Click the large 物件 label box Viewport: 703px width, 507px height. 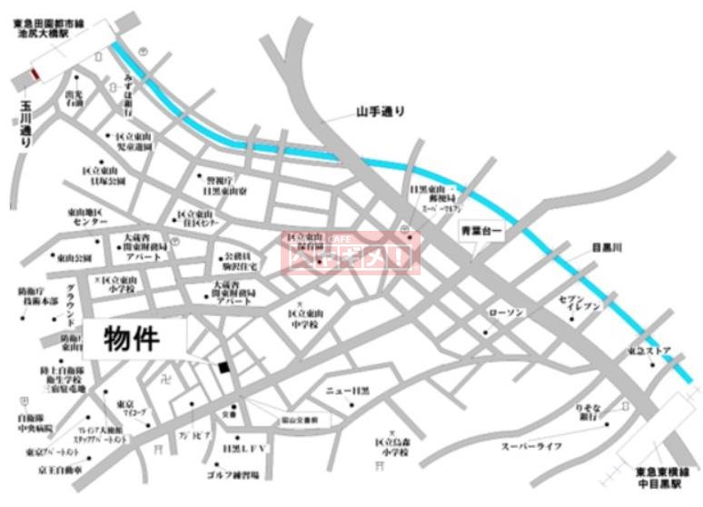135,340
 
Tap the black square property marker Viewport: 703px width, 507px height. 223,366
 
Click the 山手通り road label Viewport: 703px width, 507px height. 380,113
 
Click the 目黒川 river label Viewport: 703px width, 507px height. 606,247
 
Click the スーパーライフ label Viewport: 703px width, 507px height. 532,446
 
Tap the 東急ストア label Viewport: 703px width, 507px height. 649,350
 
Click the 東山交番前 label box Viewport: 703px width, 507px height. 296,421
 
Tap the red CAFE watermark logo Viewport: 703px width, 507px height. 351,252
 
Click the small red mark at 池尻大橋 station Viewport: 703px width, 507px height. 35,74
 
